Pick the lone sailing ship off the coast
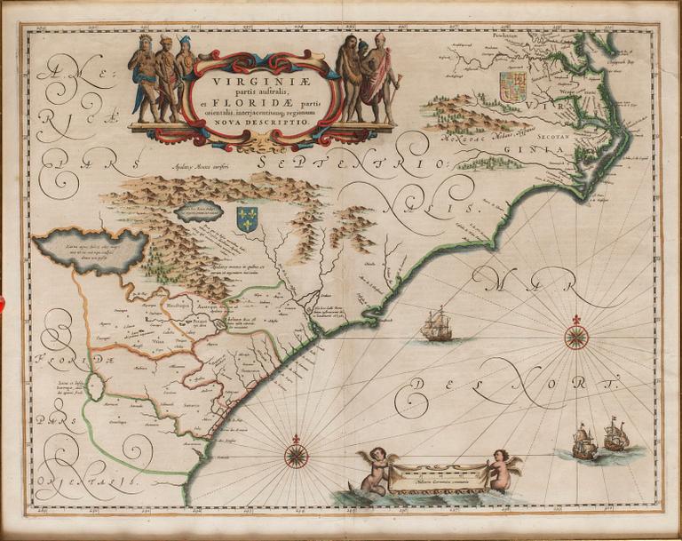tap(438, 324)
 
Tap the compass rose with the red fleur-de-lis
tap(575, 336)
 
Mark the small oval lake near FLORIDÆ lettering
tap(98, 389)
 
